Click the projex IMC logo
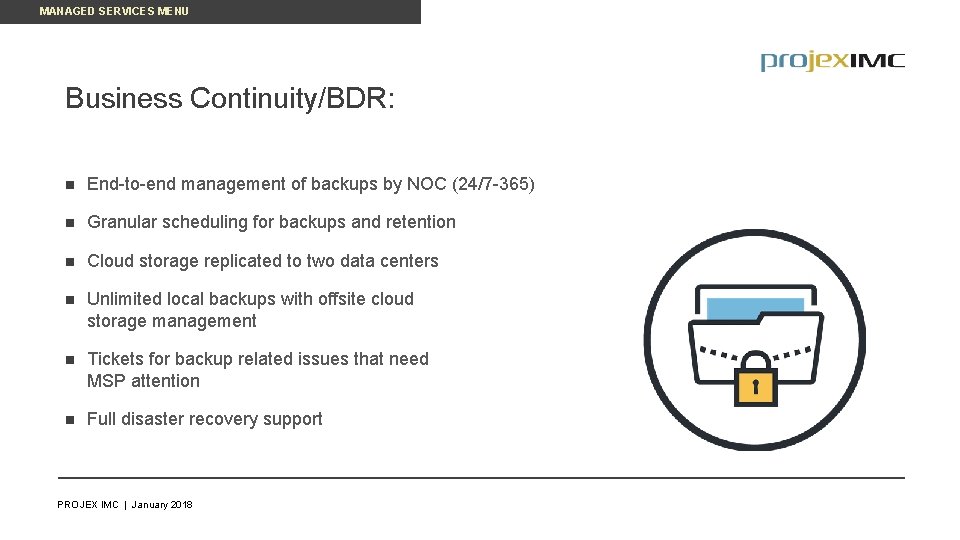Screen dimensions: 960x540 (x=832, y=61)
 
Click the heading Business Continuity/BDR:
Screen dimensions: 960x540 (x=230, y=99)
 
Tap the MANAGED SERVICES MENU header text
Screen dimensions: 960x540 (x=114, y=11)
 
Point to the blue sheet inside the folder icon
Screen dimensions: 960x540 (x=755, y=308)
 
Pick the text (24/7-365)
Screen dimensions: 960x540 (x=494, y=185)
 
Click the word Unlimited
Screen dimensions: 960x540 (x=125, y=299)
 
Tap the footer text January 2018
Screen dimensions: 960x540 (x=162, y=505)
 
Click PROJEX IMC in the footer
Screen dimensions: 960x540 (x=88, y=505)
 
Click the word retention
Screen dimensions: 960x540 (x=421, y=222)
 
